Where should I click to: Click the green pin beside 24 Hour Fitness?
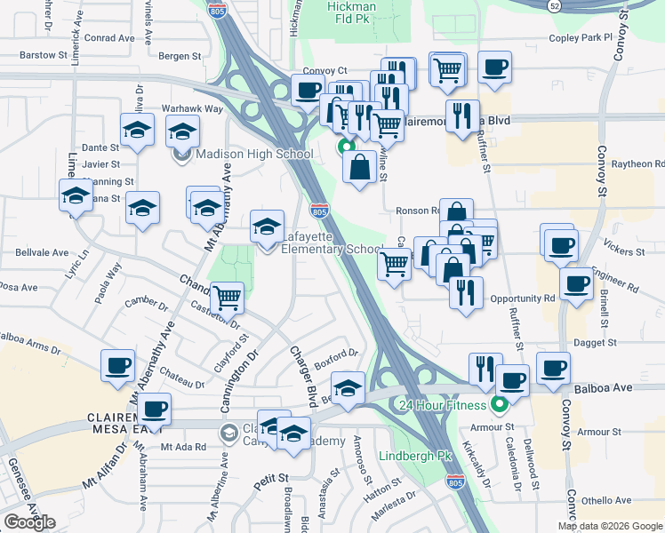pos(499,406)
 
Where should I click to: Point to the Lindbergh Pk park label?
pos(416,456)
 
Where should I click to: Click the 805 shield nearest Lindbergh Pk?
pos(455,483)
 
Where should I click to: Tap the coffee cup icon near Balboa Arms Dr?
pos(118,365)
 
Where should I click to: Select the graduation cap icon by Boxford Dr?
pos(349,387)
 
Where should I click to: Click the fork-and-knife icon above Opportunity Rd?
pos(466,291)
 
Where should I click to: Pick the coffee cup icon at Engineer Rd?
pos(576,284)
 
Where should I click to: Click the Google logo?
pos(29,522)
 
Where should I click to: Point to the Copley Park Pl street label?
pos(581,38)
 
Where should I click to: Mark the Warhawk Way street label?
pos(191,108)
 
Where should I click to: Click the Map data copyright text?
pos(610,526)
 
